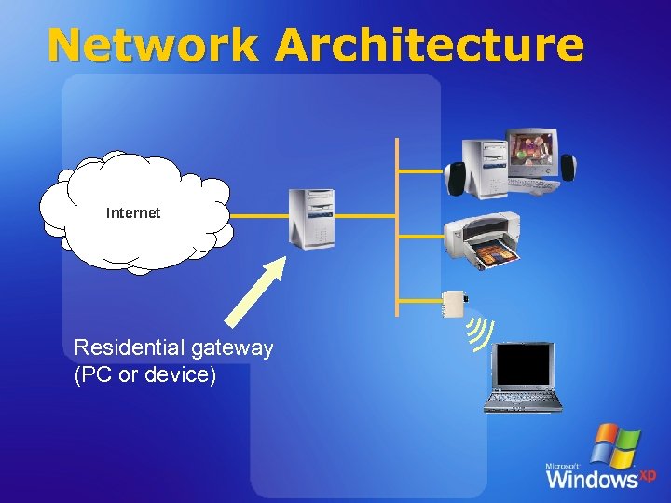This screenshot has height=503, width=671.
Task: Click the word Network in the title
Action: pyautogui.click(x=152, y=45)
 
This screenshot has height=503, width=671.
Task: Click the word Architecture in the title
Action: pyautogui.click(x=430, y=45)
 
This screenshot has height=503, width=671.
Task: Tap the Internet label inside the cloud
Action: pyautogui.click(x=133, y=213)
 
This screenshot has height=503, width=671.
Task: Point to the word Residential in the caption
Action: pyautogui.click(x=130, y=348)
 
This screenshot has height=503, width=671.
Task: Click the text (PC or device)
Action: pyautogui.click(x=144, y=375)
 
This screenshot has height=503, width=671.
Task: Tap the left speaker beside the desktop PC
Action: pyautogui.click(x=457, y=178)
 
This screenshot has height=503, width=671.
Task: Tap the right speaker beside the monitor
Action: pyautogui.click(x=568, y=168)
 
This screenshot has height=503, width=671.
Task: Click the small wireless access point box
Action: pyautogui.click(x=454, y=304)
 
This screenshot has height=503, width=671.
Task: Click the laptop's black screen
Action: pyautogui.click(x=524, y=364)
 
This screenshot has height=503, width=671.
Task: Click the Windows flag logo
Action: pyautogui.click(x=616, y=446)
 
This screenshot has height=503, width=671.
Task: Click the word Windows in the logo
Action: pyautogui.click(x=591, y=479)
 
